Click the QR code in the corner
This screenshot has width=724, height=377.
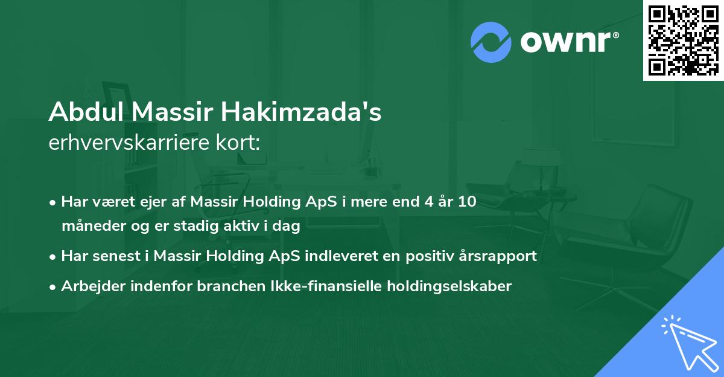684,40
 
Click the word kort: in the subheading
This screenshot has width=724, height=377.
241,144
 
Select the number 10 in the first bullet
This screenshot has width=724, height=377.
467,202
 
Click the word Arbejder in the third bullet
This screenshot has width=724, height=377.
89,286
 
